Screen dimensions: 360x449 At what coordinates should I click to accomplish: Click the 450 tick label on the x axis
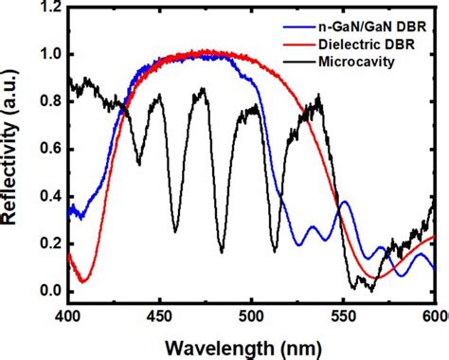[159, 313]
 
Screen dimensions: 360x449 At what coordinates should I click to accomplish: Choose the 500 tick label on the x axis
[251, 313]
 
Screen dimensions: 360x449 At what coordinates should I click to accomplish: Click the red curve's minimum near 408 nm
[83, 281]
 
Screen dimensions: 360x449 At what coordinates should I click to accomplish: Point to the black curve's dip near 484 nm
[222, 252]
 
